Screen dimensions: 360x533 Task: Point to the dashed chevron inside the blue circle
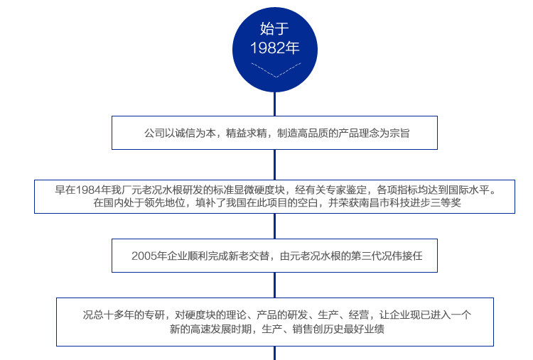click(275, 72)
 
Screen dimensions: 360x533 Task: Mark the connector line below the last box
click(275, 353)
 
